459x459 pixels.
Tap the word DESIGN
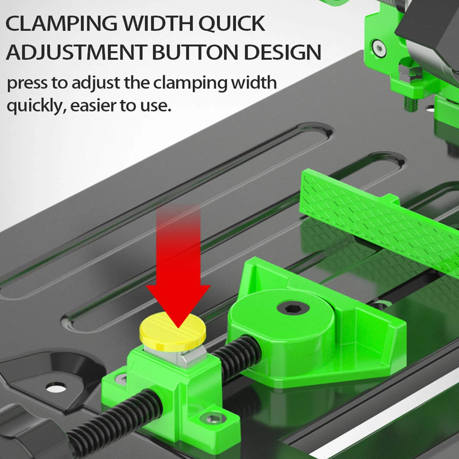coord(282,52)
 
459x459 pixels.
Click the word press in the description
coord(27,83)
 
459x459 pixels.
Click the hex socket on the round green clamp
coord(293,308)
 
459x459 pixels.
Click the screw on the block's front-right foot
coord(213,419)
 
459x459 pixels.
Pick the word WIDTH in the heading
coord(158,23)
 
